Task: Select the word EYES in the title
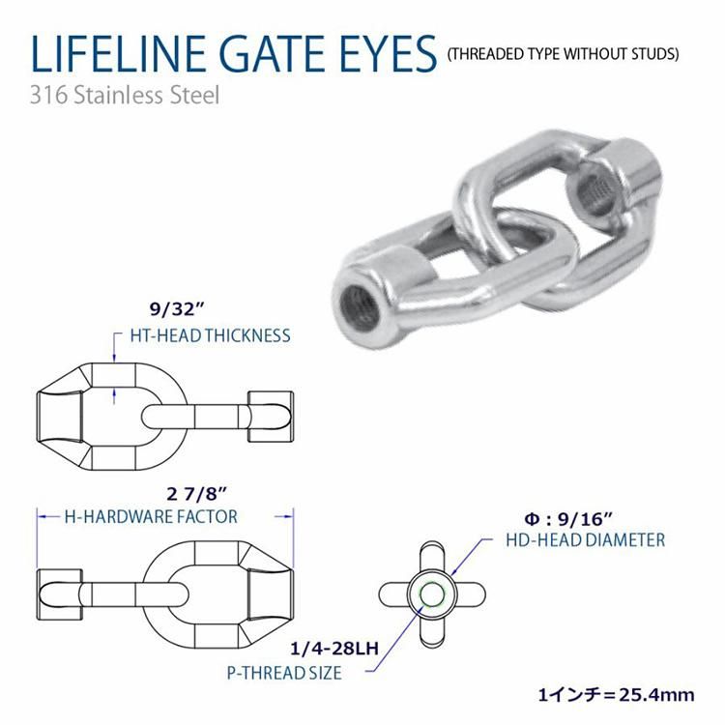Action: [388, 53]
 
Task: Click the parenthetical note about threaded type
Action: [564, 54]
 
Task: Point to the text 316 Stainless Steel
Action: [125, 96]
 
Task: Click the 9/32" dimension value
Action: [177, 309]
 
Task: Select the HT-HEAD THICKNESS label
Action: [211, 335]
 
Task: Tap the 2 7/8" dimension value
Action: [197, 494]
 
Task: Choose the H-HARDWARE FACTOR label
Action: [151, 516]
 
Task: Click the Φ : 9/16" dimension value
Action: [568, 520]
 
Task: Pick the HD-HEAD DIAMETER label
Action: [586, 540]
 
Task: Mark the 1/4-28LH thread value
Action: [333, 649]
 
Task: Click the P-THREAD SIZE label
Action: [284, 673]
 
